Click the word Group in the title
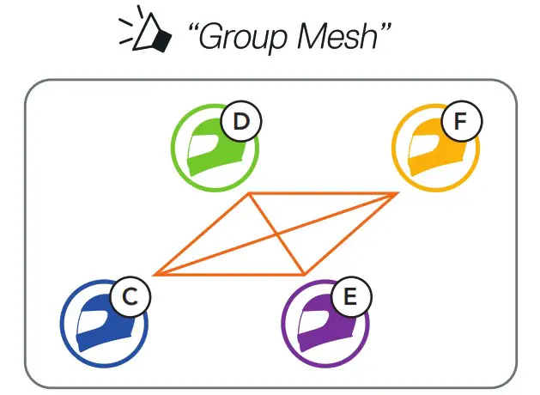coord(238,39)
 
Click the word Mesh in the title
coord(343,39)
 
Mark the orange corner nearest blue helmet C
coord(155,275)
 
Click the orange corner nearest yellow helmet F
coord(397,193)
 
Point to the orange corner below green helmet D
coord(249,193)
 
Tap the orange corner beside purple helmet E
coord(305,275)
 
